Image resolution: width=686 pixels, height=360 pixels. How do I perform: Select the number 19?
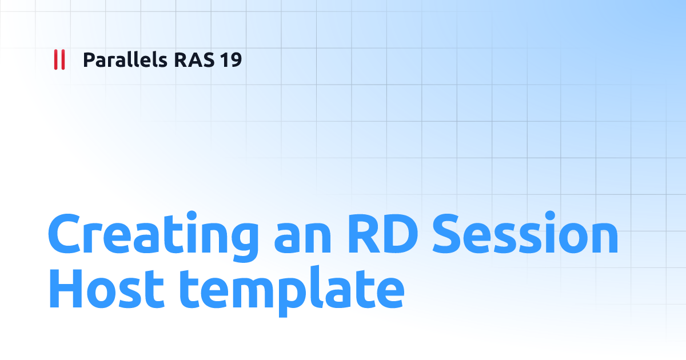point(231,59)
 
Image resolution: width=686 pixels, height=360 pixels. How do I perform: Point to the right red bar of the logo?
point(63,59)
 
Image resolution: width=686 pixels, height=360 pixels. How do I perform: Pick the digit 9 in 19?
point(236,59)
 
